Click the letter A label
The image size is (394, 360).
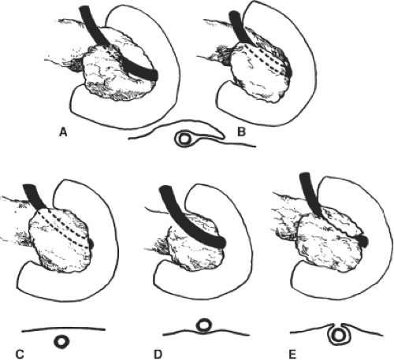pos(63,132)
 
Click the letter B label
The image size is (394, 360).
pos(241,132)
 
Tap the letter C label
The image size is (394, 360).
pos(20,354)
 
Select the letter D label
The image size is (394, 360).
pos(158,354)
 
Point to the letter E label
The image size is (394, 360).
pos(292,354)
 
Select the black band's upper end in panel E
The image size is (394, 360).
pos(305,176)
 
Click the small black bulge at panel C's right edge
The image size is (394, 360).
pos(91,243)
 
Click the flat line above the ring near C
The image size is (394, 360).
pos(64,328)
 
